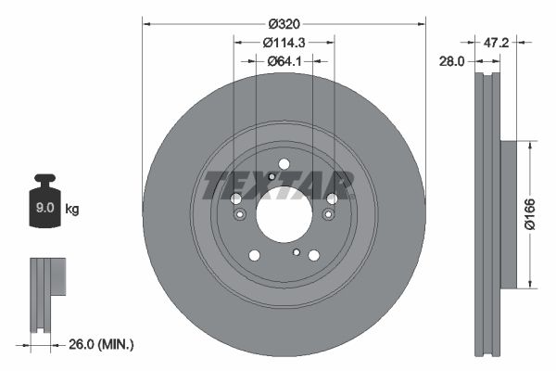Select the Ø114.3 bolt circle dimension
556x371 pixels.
click(284, 42)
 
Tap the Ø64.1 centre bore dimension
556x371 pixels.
click(283, 61)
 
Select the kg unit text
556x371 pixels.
click(72, 210)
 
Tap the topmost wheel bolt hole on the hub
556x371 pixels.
click(283, 165)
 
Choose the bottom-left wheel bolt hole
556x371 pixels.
click(253, 255)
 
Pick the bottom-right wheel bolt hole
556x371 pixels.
click(313, 255)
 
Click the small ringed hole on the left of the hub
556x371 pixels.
click(239, 215)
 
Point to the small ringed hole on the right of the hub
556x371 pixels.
click(327, 215)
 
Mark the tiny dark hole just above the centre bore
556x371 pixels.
click(270, 176)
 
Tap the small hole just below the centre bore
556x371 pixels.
click(296, 251)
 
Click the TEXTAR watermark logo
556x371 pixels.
click(278, 185)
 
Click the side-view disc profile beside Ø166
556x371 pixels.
click(488, 213)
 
